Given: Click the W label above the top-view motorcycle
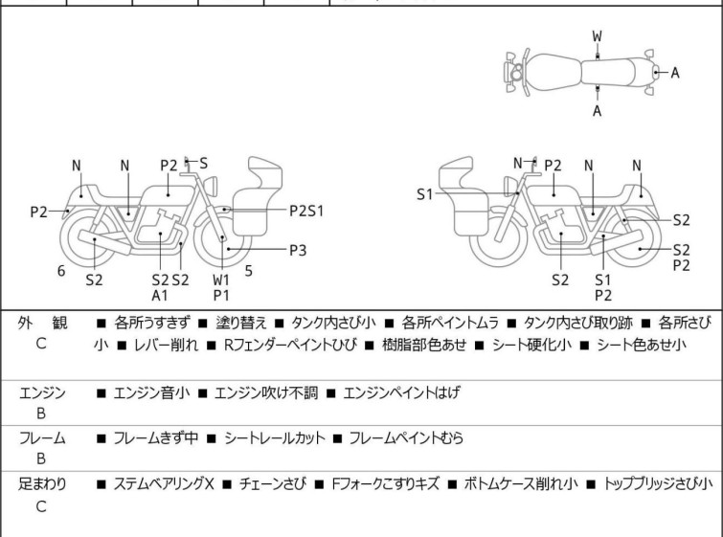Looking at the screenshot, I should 598,36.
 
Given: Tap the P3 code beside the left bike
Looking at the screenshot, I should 299,250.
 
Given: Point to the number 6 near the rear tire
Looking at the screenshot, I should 61,271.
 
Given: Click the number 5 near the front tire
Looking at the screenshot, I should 248,271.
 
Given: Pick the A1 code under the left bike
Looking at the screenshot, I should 160,296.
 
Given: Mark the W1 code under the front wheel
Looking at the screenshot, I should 222,280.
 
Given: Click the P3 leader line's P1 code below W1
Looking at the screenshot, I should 222,296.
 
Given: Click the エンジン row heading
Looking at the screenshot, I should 42,392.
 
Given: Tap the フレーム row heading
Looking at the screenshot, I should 42,438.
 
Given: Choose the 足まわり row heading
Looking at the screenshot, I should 42,484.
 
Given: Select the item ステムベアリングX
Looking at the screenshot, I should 163,484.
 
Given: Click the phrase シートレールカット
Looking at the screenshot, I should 272,438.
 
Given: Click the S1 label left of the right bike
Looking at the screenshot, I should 425,194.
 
